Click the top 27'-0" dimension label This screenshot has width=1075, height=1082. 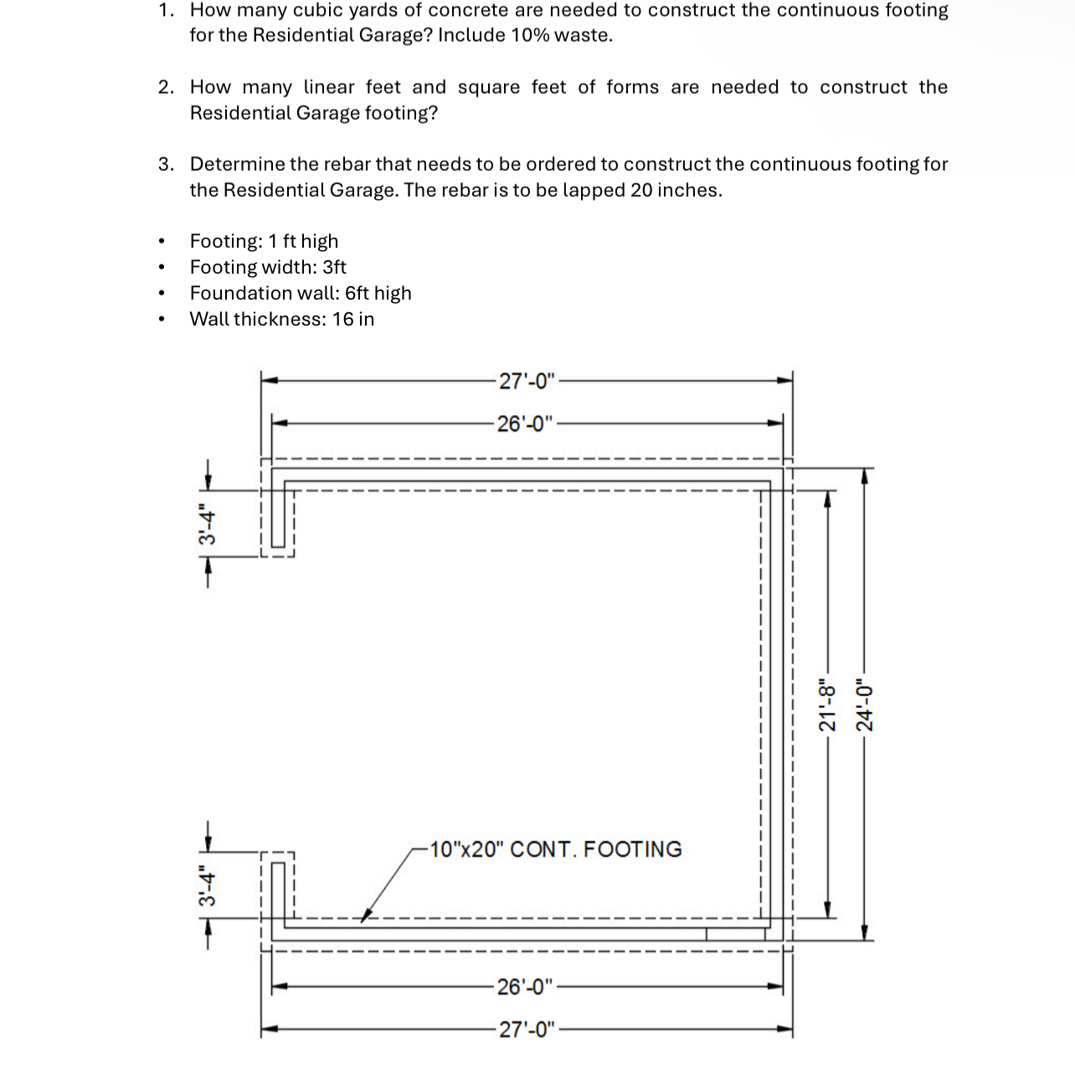(527, 382)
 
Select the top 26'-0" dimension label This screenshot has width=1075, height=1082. (525, 423)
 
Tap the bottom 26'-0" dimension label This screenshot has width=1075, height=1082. (525, 987)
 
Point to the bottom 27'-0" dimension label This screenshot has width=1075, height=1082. (527, 1029)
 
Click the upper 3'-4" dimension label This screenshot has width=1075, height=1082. (207, 524)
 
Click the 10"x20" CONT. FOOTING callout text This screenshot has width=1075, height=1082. (555, 849)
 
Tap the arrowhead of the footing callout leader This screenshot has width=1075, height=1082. (365, 916)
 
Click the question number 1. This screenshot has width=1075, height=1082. (167, 11)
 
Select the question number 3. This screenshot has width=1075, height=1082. (167, 164)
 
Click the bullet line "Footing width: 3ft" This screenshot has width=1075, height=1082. (268, 267)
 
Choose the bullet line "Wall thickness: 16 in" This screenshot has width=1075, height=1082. (282, 319)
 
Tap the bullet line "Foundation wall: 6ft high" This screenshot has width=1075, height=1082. (301, 293)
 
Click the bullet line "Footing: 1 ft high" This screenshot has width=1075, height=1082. (264, 241)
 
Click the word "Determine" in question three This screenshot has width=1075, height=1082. (237, 164)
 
